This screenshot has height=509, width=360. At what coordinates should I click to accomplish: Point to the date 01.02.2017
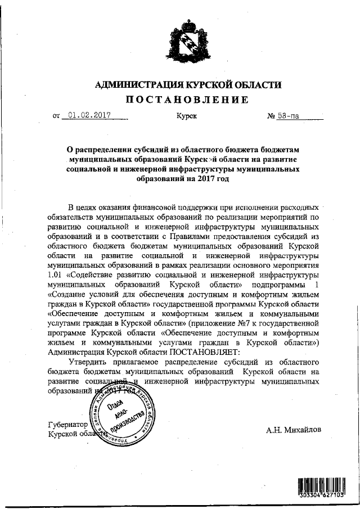pyautogui.click(x=88, y=116)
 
